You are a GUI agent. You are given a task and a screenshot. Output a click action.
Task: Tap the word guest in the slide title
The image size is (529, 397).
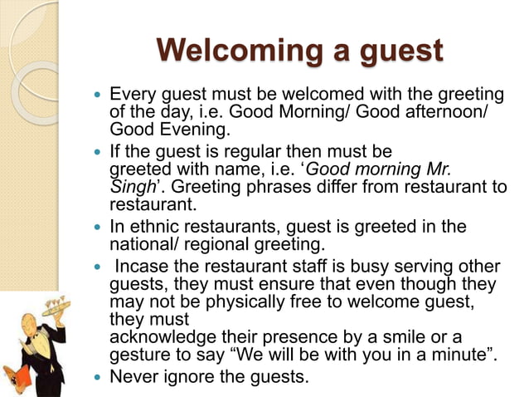click(x=399, y=51)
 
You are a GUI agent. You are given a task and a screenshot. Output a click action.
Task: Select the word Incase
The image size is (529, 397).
click(x=142, y=267)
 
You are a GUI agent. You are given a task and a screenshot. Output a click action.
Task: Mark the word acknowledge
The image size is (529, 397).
click(x=163, y=337)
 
